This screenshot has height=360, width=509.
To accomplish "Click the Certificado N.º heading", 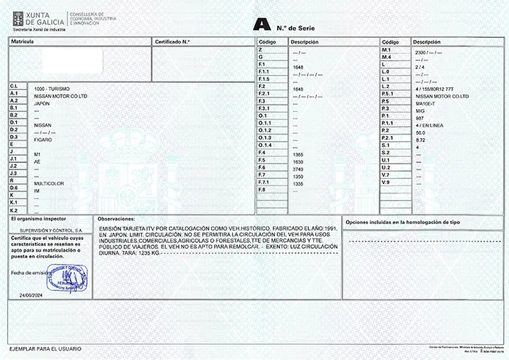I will [x=172, y=42].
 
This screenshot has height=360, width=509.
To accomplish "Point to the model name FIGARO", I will [x=44, y=139].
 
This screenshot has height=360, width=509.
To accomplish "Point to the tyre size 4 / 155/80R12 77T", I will [x=436, y=87].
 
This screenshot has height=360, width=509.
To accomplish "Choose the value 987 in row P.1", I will [x=419, y=117].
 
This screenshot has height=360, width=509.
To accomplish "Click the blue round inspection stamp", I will [x=66, y=277].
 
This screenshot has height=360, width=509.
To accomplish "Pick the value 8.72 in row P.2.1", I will [x=419, y=139].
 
